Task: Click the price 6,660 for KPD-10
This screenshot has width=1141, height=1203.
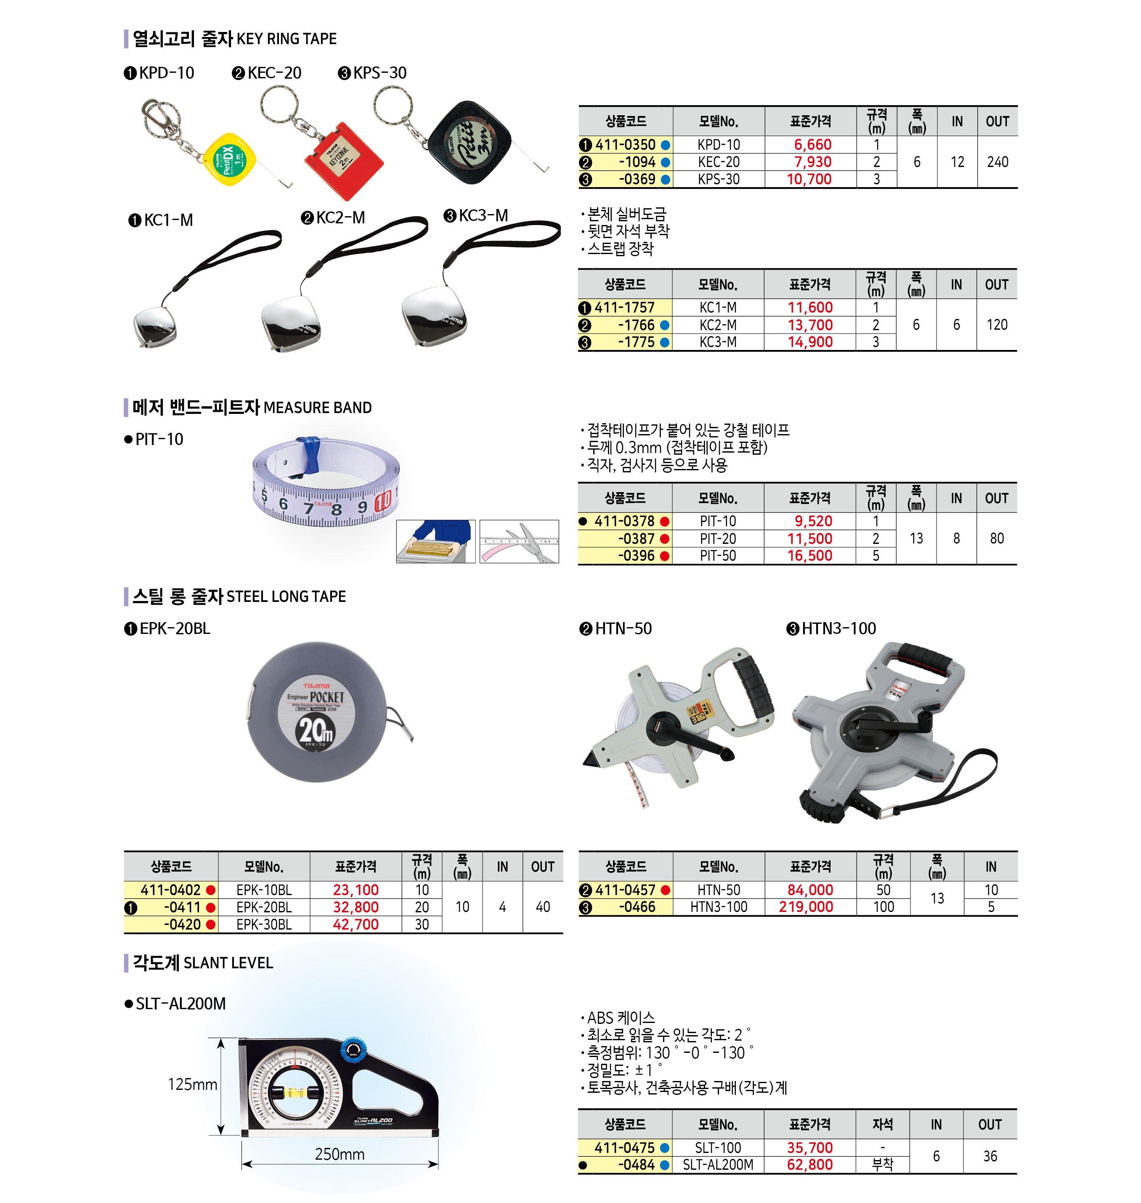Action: point(812,145)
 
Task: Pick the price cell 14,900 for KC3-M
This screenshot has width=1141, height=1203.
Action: point(810,342)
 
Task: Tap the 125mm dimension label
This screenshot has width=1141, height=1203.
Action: point(192,1084)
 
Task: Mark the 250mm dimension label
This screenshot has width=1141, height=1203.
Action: point(340,1154)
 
